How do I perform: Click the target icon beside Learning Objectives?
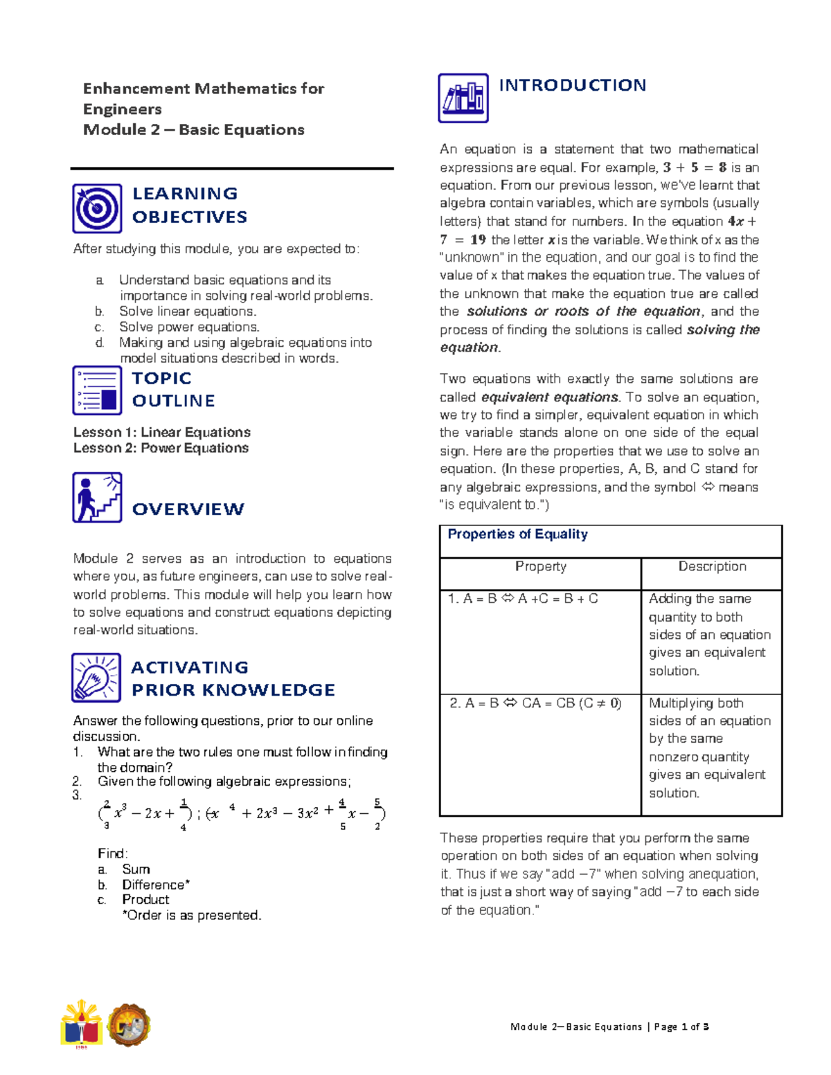point(97,208)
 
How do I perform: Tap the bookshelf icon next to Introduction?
point(463,98)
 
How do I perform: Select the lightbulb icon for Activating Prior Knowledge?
point(96,678)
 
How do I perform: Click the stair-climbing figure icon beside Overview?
point(97,497)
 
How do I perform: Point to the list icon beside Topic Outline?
point(97,390)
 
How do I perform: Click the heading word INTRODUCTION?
point(572,85)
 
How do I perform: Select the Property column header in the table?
point(540,566)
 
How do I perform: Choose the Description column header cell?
point(712,566)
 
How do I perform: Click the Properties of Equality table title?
point(517,534)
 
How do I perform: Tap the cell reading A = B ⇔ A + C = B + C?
point(523,599)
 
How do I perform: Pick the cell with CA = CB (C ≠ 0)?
point(535,703)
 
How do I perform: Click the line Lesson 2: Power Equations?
point(161,448)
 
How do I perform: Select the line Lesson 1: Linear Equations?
point(161,432)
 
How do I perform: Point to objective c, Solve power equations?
point(188,327)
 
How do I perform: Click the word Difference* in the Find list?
point(156,885)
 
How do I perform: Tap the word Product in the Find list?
point(145,899)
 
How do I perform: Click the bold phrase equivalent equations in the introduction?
point(549,397)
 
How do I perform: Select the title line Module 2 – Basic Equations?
point(193,129)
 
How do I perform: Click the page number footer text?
point(609,1027)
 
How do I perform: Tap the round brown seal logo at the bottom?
point(128,1024)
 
